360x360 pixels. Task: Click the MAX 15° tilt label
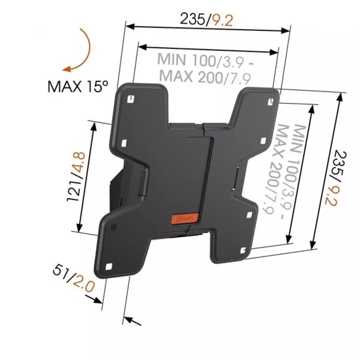tap(78, 86)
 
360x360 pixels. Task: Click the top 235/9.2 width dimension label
tap(206, 20)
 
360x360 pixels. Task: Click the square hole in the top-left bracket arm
tap(130, 98)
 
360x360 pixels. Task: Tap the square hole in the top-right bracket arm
tap(271, 102)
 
